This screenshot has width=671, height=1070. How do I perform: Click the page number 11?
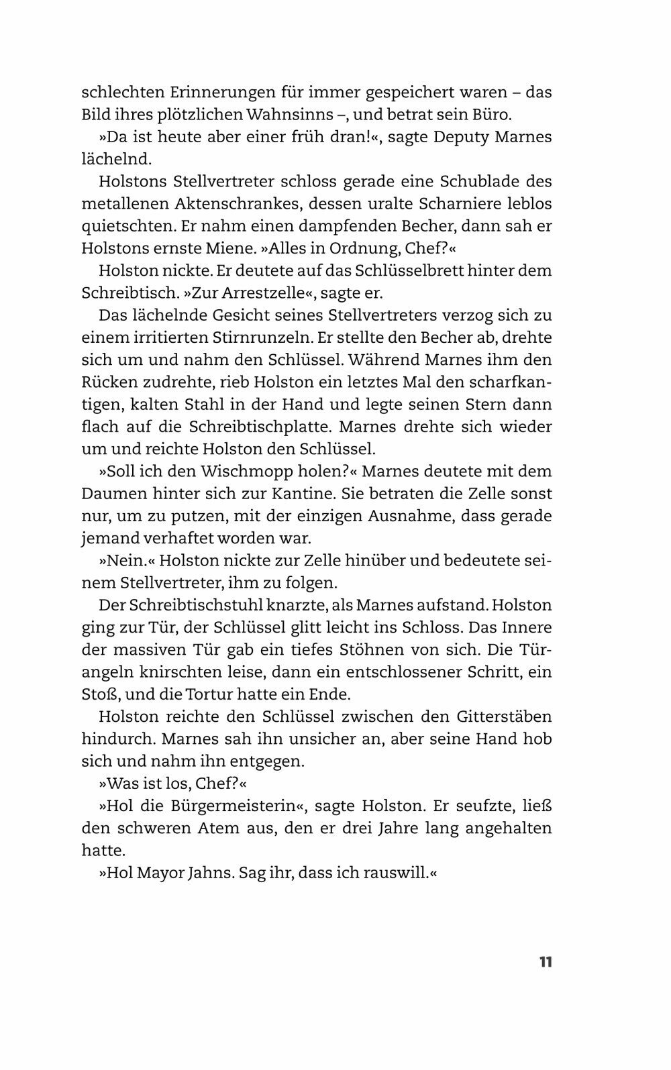click(x=545, y=962)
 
